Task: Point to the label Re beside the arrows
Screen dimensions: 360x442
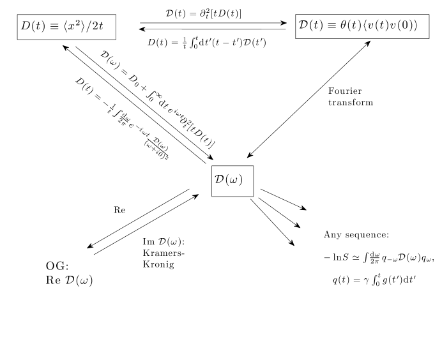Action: coord(119,209)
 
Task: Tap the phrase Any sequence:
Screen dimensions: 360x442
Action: coord(352,235)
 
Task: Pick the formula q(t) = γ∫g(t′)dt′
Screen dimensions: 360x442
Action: coord(377,279)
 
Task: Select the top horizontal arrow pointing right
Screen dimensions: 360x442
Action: coord(213,23)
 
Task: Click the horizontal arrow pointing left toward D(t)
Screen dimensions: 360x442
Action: coord(213,29)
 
